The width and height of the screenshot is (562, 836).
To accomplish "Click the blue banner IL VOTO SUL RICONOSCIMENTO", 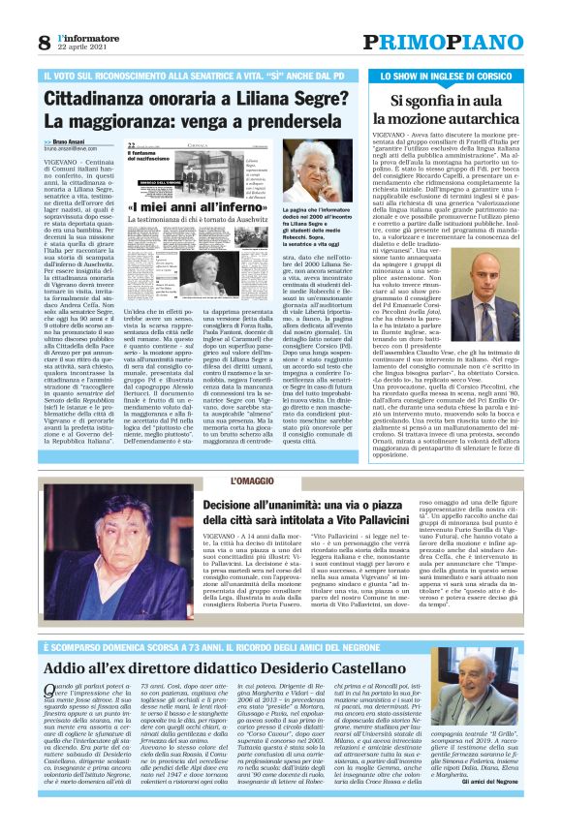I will tap(194, 75).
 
